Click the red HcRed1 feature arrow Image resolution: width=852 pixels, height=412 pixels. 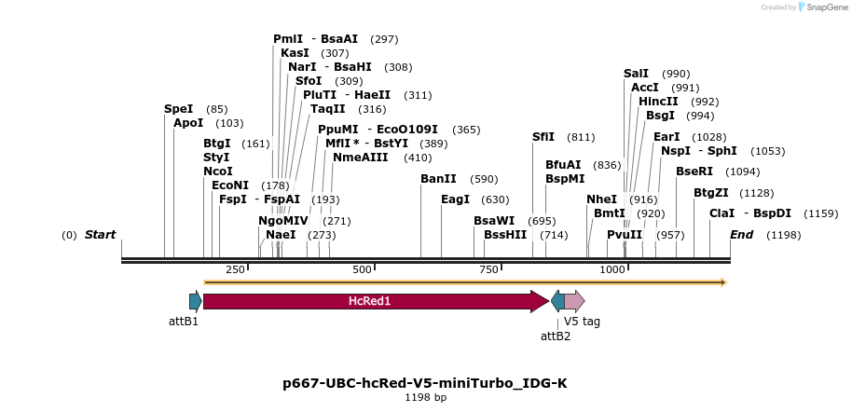(x=373, y=301)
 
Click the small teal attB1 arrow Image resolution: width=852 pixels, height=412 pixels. (x=195, y=301)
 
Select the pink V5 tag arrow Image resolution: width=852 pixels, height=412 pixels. (x=574, y=301)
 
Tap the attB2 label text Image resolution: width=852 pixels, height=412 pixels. (x=556, y=336)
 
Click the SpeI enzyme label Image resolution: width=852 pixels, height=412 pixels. (x=178, y=109)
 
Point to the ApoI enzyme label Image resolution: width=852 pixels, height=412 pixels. (x=188, y=123)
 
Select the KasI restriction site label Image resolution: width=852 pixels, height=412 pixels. (x=295, y=53)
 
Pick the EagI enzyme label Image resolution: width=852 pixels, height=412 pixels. (x=455, y=199)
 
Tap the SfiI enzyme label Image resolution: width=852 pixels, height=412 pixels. (x=543, y=137)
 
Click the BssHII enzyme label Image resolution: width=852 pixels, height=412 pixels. (x=505, y=235)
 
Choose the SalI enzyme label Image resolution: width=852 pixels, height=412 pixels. (x=636, y=74)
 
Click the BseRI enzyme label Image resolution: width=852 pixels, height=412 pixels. (x=694, y=172)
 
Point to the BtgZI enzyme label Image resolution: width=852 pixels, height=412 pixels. (x=711, y=193)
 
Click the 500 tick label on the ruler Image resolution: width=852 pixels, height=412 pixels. (x=362, y=269)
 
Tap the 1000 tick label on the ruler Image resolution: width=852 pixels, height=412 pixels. (x=612, y=269)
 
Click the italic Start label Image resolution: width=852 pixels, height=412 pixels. (x=100, y=235)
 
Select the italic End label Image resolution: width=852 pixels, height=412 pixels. (x=741, y=235)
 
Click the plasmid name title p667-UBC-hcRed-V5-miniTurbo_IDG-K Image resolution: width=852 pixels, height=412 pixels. (x=425, y=383)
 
